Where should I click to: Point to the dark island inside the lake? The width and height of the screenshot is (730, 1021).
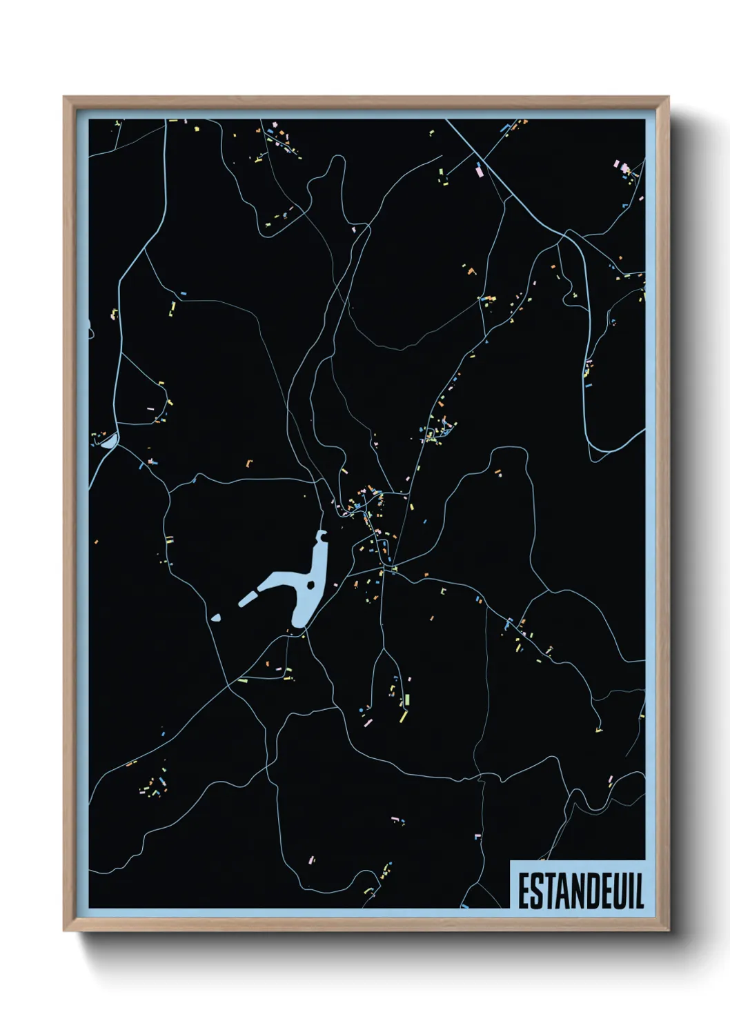(x=312, y=585)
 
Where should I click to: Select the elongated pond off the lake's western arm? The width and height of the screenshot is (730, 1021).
(x=247, y=598)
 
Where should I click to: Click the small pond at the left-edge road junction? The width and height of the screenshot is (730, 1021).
(x=108, y=442)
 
